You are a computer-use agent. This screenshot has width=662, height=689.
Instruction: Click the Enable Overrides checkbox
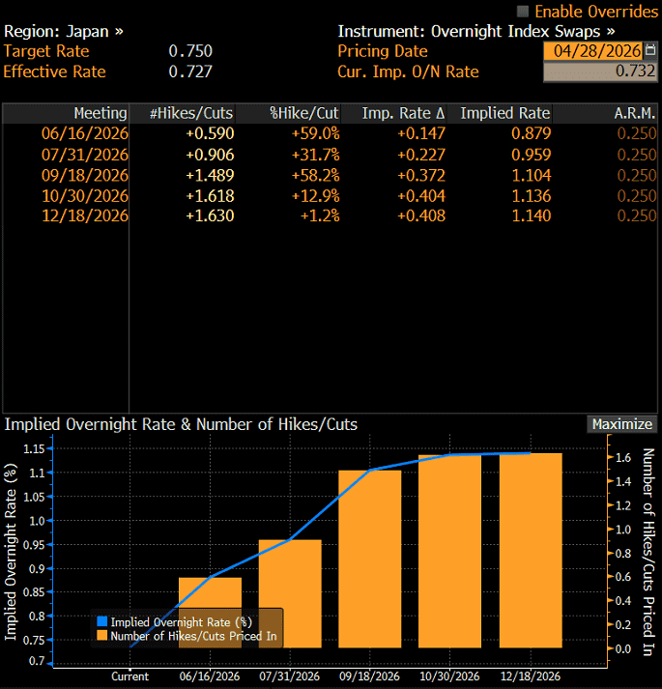click(522, 12)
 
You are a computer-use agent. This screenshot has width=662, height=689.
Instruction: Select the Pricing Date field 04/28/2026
click(593, 51)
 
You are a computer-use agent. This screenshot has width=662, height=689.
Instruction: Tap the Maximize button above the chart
click(622, 424)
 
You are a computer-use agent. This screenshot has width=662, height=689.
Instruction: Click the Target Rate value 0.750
click(190, 51)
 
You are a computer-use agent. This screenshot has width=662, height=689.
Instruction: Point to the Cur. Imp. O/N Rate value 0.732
click(635, 72)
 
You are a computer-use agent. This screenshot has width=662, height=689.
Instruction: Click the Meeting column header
click(101, 113)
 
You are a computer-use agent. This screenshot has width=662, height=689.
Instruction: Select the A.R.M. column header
click(634, 113)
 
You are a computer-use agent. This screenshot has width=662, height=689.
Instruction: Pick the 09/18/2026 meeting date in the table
click(85, 175)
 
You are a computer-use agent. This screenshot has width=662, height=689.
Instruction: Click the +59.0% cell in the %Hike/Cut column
click(316, 133)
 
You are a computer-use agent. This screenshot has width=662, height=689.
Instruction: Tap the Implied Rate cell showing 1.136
click(531, 196)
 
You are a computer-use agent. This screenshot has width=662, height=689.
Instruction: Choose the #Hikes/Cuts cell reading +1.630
click(210, 215)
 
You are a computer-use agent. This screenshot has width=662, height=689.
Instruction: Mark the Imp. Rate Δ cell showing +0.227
click(421, 155)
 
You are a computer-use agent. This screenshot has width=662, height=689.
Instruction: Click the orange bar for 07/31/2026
click(290, 593)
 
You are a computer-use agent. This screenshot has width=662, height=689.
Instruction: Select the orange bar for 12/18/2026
click(531, 550)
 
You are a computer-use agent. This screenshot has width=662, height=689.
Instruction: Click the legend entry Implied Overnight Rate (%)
click(175, 621)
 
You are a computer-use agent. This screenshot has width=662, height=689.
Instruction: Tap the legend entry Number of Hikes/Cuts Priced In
click(187, 636)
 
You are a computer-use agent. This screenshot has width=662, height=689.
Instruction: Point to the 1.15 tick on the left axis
click(34, 448)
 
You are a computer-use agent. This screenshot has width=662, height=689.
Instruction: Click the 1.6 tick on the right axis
click(623, 457)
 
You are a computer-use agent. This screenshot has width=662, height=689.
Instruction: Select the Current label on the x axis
click(130, 676)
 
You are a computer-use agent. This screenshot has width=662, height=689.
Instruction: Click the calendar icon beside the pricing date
click(649, 50)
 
